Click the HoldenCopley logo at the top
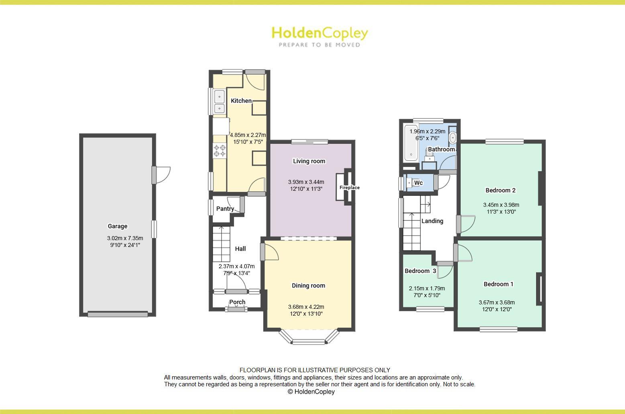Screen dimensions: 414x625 click(x=320, y=36)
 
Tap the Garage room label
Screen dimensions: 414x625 click(x=117, y=226)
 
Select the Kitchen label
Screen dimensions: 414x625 click(x=241, y=101)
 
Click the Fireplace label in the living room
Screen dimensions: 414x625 click(x=349, y=188)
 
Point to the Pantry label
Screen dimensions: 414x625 click(x=225, y=209)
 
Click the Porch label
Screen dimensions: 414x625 click(x=237, y=302)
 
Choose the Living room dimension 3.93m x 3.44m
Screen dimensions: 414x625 click(x=306, y=182)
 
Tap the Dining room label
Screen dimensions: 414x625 click(x=308, y=286)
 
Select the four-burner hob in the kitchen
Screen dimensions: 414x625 click(x=220, y=151)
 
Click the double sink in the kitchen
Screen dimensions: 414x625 click(x=219, y=102)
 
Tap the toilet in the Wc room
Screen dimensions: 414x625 click(x=409, y=183)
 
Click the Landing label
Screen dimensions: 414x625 click(x=432, y=221)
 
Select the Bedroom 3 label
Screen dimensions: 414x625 click(x=420, y=271)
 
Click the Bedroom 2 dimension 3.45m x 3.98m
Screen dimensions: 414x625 click(x=501, y=205)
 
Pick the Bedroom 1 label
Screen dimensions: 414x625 click(x=498, y=284)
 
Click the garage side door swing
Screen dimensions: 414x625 click(x=163, y=175)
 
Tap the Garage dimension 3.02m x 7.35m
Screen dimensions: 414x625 click(x=125, y=238)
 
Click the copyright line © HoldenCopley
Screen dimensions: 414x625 click(x=311, y=392)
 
